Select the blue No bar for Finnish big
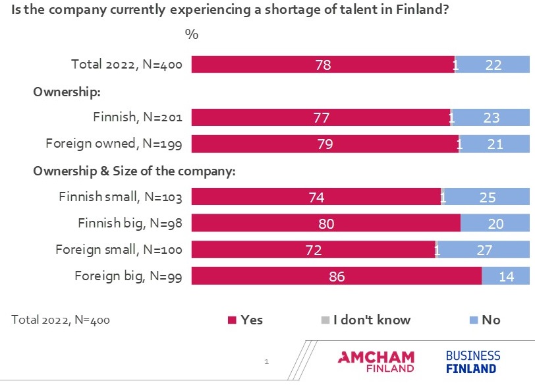coord(495,223)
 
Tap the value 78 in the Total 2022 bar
coord(323,65)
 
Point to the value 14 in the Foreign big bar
coord(506,276)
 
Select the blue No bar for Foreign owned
coord(495,144)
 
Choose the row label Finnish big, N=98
coord(129,223)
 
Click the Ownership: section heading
coord(66,92)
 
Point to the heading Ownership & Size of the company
coord(134,171)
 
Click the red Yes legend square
coord(231,320)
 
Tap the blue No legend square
coord(472,320)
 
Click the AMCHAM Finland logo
coord(376,362)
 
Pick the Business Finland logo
coord(472,362)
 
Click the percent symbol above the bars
coord(192,34)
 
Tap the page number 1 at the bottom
coord(267,361)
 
